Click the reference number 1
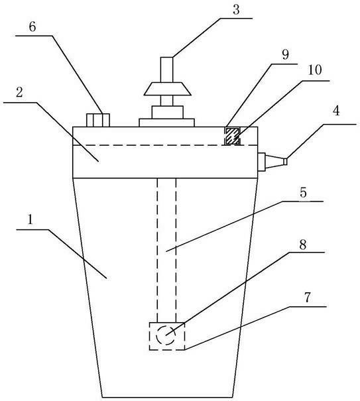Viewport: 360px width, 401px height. pyautogui.click(x=30, y=219)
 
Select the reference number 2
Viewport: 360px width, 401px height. pyautogui.click(x=19, y=92)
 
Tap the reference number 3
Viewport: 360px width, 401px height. pyautogui.click(x=236, y=10)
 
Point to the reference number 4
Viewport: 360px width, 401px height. pyautogui.click(x=336, y=111)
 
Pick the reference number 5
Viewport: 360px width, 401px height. pyautogui.click(x=303, y=192)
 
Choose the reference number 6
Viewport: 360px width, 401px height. pyautogui.click(x=32, y=27)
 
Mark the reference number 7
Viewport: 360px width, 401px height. pyautogui.click(x=307, y=297)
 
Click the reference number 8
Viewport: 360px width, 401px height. pyautogui.click(x=303, y=245)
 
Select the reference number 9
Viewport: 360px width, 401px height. pyautogui.click(x=285, y=54)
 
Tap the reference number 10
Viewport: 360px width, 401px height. pyautogui.click(x=315, y=70)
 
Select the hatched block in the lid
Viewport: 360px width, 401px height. pyautogui.click(x=232, y=136)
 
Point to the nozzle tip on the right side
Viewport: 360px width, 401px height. pyautogui.click(x=285, y=162)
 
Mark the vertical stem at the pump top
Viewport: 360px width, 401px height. pyautogui.click(x=167, y=70)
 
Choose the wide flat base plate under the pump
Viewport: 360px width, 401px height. pyautogui.click(x=167, y=123)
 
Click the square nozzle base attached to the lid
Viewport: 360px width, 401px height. pyautogui.click(x=261, y=162)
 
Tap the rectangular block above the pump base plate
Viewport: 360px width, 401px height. pyautogui.click(x=168, y=112)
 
